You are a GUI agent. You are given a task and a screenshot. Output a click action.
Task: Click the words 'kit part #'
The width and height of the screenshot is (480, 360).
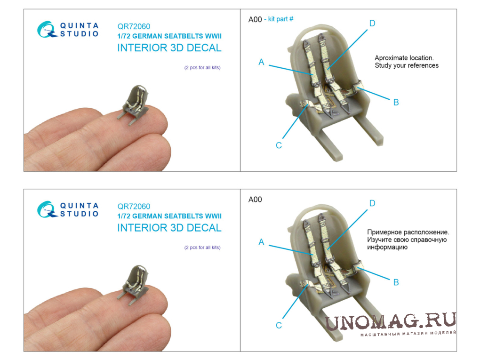click(x=280, y=19)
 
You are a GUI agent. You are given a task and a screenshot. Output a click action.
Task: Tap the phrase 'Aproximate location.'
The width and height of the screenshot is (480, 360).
click(x=404, y=58)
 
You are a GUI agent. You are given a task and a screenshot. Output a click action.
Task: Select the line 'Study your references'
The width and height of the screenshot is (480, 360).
click(x=407, y=65)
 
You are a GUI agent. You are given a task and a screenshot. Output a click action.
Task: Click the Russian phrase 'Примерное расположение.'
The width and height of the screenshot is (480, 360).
click(x=408, y=232)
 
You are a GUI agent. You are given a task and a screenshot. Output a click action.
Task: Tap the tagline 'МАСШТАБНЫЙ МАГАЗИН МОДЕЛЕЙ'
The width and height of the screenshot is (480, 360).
click(x=408, y=333)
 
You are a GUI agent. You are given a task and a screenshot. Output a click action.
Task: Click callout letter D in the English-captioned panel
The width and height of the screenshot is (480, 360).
click(x=372, y=23)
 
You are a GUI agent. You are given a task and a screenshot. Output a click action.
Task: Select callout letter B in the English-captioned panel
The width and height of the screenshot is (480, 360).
click(x=396, y=102)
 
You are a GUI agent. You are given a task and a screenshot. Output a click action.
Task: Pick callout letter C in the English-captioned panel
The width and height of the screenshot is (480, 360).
click(x=279, y=145)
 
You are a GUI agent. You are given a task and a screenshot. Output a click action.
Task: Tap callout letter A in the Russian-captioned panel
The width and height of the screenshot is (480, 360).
click(x=261, y=242)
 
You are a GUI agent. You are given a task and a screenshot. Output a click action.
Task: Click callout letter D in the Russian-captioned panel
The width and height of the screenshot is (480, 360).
click(x=372, y=203)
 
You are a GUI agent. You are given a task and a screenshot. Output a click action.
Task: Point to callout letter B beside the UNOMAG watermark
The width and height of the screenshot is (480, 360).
click(x=396, y=282)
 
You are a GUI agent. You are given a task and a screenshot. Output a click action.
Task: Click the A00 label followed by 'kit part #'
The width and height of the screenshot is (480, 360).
click(x=255, y=20)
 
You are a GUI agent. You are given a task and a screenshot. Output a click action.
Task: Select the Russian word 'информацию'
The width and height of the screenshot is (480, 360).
click(x=387, y=248)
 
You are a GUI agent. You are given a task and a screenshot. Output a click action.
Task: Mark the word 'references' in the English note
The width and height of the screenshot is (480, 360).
click(x=423, y=65)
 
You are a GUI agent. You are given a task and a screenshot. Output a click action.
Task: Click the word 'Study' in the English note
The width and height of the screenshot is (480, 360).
click(x=383, y=65)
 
